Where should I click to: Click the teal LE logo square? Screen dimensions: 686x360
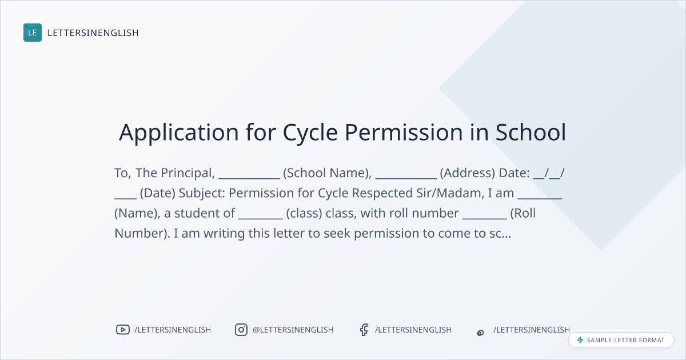33,33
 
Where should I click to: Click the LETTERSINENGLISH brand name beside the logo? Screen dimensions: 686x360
93,33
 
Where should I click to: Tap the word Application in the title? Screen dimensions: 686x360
179,133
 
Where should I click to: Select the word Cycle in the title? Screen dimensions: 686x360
310,133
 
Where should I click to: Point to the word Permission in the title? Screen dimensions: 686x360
404,132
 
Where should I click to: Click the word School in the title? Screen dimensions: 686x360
531,132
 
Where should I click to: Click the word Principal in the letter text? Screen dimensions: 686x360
188,173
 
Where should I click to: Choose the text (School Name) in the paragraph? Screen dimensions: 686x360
327,173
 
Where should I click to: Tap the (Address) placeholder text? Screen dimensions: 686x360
468,173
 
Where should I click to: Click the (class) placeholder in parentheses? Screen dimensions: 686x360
304,213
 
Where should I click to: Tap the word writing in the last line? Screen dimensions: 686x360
224,234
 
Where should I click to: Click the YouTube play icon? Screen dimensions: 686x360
123,330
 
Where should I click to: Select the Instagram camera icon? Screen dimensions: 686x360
241,330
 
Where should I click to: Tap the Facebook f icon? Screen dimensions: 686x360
364,330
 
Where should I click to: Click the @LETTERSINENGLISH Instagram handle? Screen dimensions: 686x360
293,330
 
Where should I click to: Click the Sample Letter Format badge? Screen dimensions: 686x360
621,340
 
